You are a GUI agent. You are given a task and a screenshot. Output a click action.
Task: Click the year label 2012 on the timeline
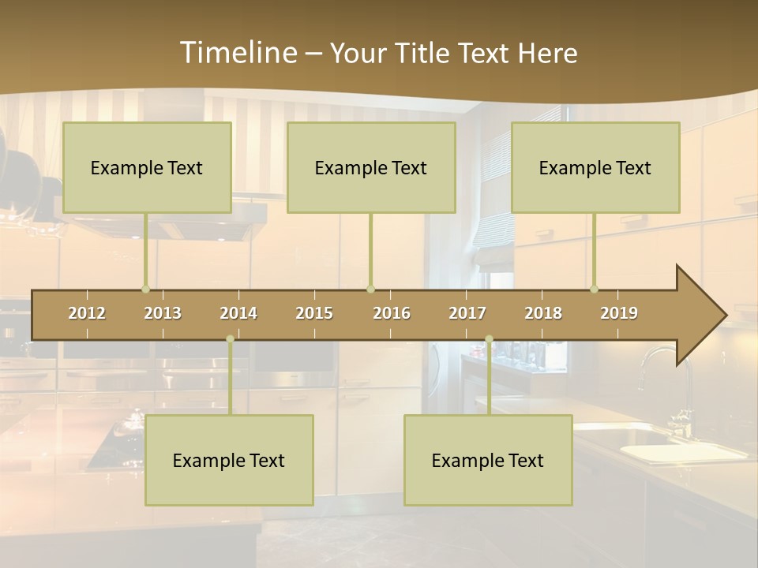[x=87, y=313]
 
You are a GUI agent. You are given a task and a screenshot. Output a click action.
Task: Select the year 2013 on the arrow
[x=163, y=313]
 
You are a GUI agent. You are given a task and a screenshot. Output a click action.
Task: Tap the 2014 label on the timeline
[x=238, y=313]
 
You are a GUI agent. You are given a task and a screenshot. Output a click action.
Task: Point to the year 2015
[x=314, y=313]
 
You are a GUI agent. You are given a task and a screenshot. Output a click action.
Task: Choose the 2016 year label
[x=392, y=313]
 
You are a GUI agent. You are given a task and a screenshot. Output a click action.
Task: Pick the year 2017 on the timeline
[x=467, y=313]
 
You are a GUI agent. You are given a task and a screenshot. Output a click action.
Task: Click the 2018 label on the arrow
[x=543, y=313]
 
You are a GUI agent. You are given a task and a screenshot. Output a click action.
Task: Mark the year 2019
[x=619, y=313]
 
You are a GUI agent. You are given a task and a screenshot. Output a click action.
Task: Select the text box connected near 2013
[x=147, y=167]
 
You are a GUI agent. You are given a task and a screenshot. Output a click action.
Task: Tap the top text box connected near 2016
[x=371, y=167]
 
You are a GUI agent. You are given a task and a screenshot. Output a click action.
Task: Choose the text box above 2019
[x=595, y=167]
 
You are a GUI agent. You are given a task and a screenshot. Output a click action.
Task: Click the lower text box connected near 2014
[x=229, y=460]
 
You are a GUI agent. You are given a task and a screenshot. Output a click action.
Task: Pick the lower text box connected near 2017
[x=488, y=460]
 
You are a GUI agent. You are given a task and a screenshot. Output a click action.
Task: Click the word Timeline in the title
[x=237, y=53]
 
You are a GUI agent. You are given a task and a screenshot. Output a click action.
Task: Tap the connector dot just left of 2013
[x=145, y=289]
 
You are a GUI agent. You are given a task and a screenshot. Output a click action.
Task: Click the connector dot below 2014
[x=230, y=339]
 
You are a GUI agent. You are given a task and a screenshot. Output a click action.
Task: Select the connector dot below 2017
[x=489, y=339]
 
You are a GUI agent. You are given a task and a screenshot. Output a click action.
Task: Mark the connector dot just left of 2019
[x=594, y=289]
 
